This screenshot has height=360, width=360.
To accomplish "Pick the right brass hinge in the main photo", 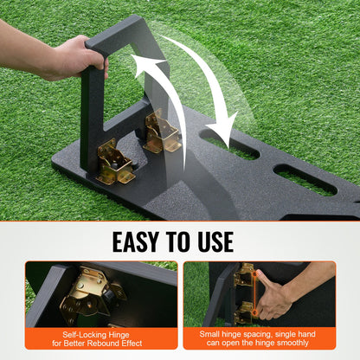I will tap(162, 131).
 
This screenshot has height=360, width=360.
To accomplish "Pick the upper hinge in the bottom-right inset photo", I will tap(247, 276).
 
